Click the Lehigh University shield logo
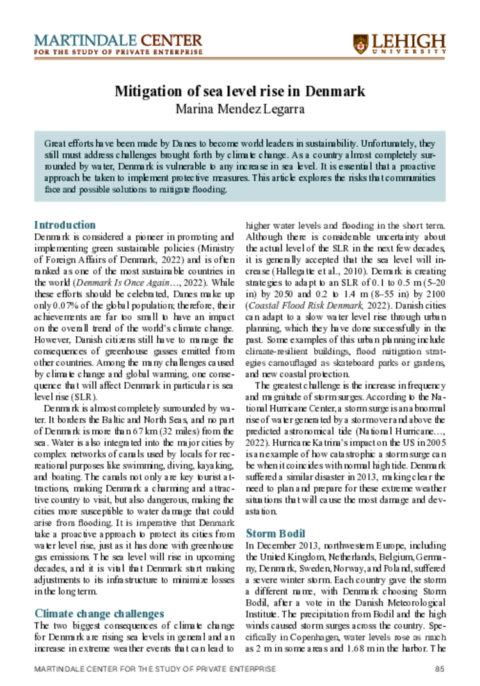coord(360,43)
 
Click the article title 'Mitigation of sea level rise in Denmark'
coord(239,90)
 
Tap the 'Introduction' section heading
coord(65,225)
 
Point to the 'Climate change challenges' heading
coord(99,613)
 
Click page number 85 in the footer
coord(439,669)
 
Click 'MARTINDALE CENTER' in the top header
coord(118,40)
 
